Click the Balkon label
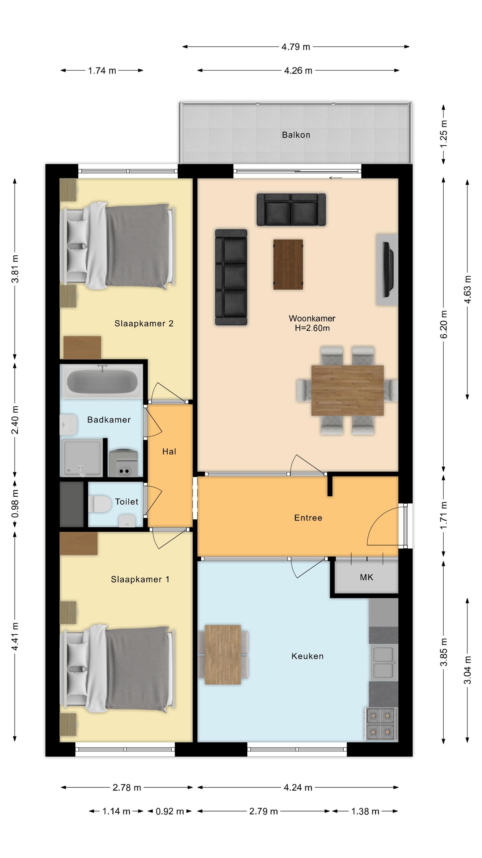[296, 135]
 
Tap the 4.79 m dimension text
[296, 47]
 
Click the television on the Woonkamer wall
[388, 269]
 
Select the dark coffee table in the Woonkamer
[288, 265]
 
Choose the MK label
[367, 577]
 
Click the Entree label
[308, 518]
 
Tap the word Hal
[169, 451]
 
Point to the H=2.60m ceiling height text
[312, 328]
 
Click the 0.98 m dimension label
[15, 504]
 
